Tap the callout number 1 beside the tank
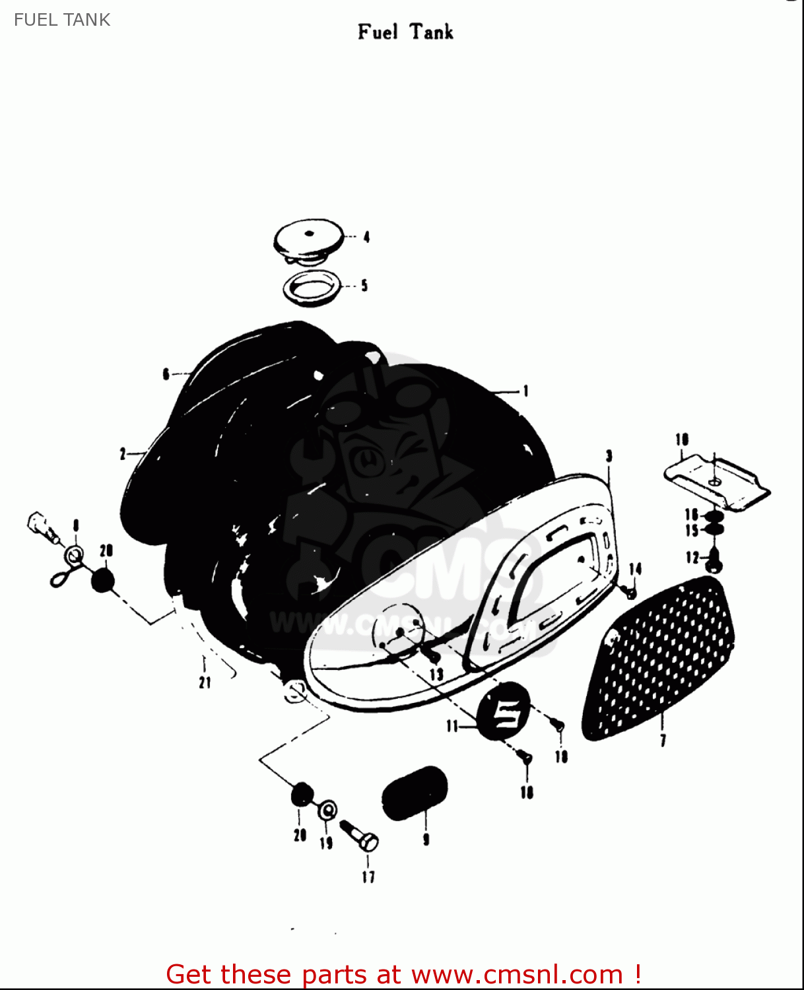(x=525, y=391)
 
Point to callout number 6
(x=166, y=374)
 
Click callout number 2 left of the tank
(x=123, y=454)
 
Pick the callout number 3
(x=609, y=455)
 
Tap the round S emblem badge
(x=504, y=712)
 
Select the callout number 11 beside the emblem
(x=452, y=727)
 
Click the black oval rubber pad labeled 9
(x=415, y=793)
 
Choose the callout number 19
(x=326, y=843)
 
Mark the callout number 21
(x=205, y=682)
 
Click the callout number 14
(x=635, y=569)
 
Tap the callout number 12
(x=692, y=558)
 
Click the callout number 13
(x=436, y=675)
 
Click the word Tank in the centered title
(x=431, y=32)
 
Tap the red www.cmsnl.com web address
(x=517, y=975)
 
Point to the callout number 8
(x=76, y=525)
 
